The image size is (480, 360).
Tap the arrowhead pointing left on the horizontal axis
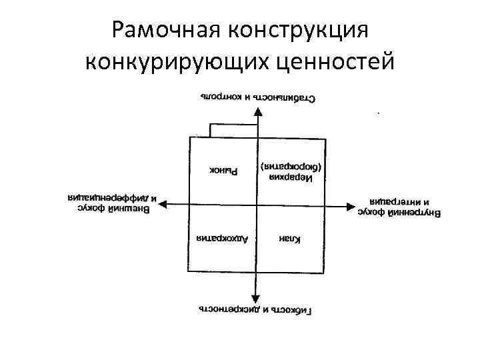pyautogui.click(x=163, y=205)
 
